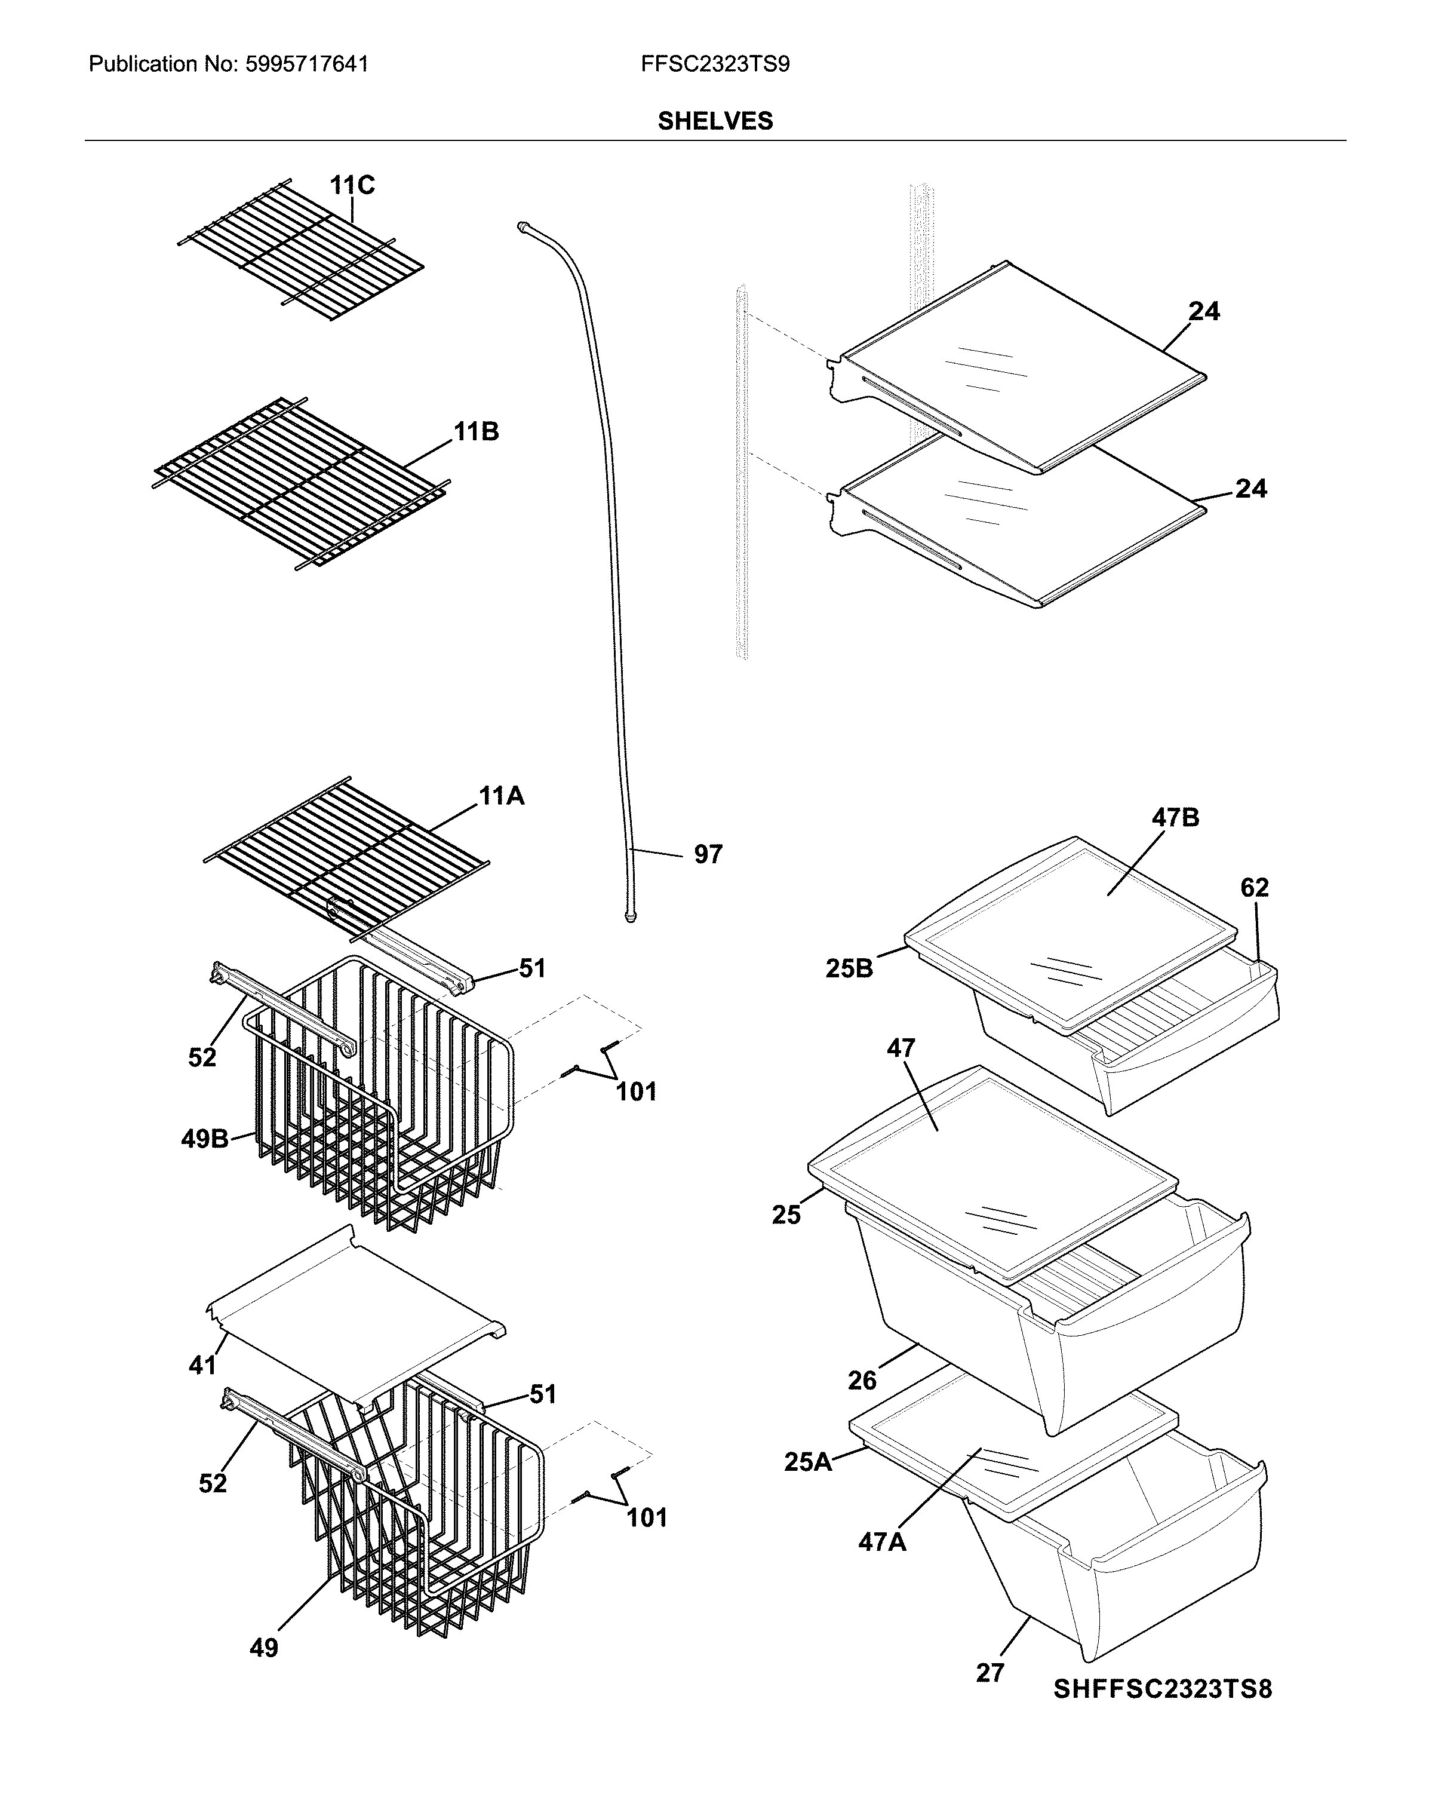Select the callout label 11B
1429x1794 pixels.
(x=476, y=431)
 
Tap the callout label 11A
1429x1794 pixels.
(x=501, y=796)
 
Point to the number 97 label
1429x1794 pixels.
(x=708, y=854)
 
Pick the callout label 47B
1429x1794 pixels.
(x=1175, y=818)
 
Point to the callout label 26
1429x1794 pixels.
(x=862, y=1381)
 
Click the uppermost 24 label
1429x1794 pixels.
(x=1204, y=311)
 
